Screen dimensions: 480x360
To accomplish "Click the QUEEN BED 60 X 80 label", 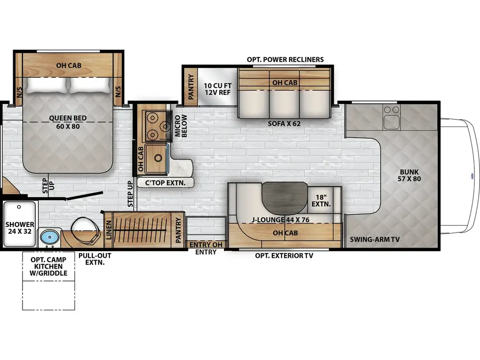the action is click(67, 122).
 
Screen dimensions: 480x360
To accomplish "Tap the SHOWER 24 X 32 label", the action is click(20, 228).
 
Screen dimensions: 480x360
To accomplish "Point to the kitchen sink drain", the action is click(158, 158).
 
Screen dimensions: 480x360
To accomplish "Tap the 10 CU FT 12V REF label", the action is click(217, 89).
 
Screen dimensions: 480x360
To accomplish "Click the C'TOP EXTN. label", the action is click(165, 183).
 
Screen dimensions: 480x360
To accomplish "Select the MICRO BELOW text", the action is click(180, 126).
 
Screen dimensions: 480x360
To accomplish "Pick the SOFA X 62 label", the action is click(284, 124).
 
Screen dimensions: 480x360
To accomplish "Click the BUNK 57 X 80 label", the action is click(409, 175).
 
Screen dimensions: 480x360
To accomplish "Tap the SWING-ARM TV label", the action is click(375, 240).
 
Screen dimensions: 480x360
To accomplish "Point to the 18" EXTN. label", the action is click(321, 201).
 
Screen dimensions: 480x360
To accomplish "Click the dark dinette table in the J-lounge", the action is click(285, 197).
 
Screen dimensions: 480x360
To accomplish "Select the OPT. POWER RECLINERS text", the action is click(285, 60).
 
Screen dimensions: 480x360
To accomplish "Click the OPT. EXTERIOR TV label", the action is click(284, 255).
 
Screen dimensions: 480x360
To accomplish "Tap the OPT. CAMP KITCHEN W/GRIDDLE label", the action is click(48, 266).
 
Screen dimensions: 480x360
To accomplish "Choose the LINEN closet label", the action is click(109, 230).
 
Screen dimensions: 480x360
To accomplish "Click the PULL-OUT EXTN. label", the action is click(95, 259).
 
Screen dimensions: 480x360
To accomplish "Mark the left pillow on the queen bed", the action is click(46, 85).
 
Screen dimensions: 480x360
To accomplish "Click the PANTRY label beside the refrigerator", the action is click(191, 87).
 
